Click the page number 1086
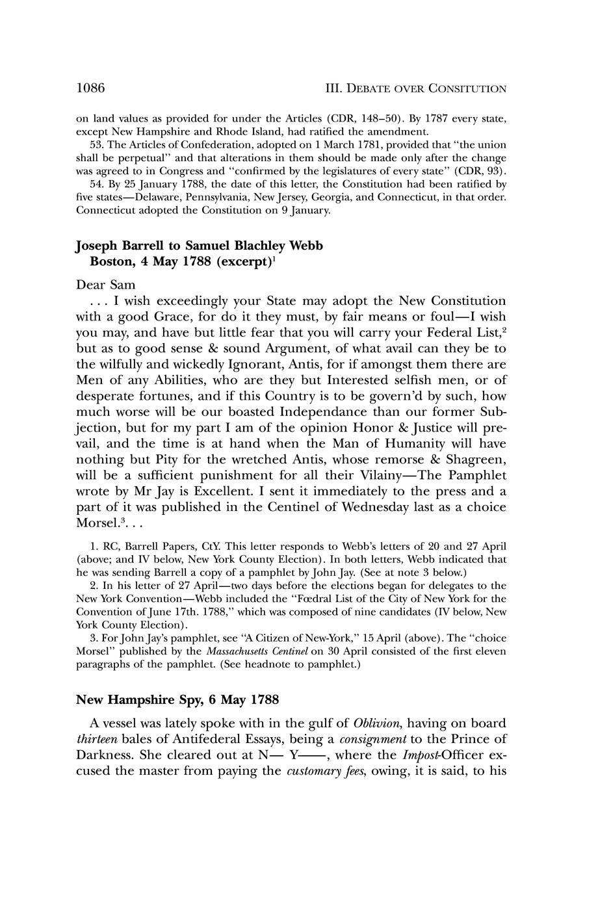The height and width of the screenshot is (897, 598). tap(90, 88)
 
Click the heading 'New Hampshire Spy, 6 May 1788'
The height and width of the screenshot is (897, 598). tap(177, 699)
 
